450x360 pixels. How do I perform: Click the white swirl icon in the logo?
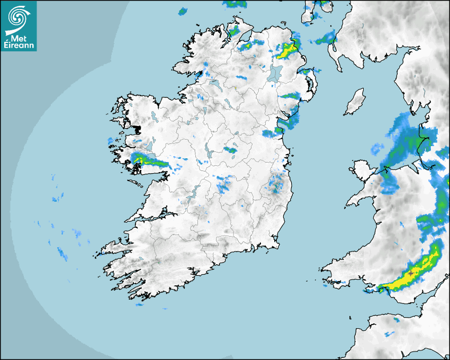coord(17,17)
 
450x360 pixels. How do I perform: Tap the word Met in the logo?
coord(19,38)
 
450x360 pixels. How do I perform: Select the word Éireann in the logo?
coord(19,46)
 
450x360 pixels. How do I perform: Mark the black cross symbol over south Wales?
coord(411,273)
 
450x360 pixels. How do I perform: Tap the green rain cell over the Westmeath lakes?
coord(230,150)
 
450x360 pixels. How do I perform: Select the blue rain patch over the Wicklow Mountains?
coord(276,185)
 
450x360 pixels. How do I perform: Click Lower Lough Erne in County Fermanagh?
coord(214,84)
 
